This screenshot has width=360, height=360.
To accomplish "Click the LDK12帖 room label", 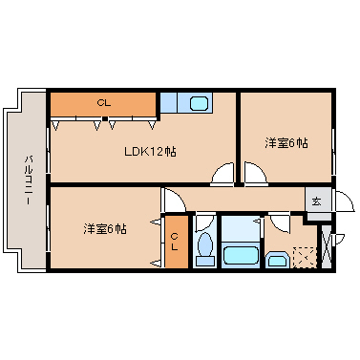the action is click(x=150, y=152).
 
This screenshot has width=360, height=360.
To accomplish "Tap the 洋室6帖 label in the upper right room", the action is click(x=286, y=143).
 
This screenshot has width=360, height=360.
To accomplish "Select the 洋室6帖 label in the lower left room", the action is click(x=105, y=228).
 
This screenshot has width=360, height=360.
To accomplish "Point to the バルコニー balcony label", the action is click(x=29, y=180).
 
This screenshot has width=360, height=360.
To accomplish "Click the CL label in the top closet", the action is click(x=104, y=103).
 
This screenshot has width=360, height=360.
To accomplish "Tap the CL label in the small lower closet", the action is click(x=174, y=242).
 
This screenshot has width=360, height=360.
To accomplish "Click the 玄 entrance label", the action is click(x=316, y=201).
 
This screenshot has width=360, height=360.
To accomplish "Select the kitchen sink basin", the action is click(x=199, y=103).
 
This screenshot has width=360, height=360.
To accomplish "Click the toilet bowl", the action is click(x=204, y=244).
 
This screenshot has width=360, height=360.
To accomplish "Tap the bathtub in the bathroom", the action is click(x=241, y=255).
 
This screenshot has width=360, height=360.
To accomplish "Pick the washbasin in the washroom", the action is click(x=277, y=260).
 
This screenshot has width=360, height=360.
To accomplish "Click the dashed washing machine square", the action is click(x=305, y=257).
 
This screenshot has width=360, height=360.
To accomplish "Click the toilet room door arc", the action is click(x=207, y=223).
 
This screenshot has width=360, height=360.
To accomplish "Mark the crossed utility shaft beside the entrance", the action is click(x=327, y=246).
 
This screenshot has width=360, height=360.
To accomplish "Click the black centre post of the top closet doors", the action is click(x=104, y=119).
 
